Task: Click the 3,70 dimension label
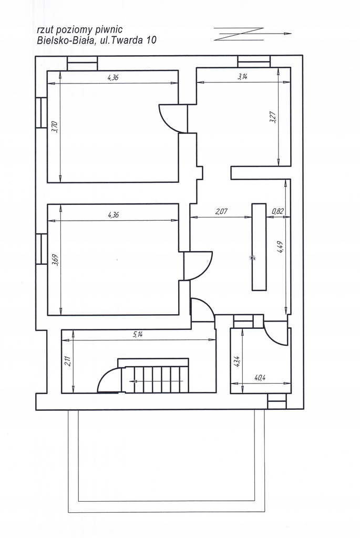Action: tap(56, 127)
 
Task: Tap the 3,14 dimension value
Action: tap(242, 77)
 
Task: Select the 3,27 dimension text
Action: tap(273, 118)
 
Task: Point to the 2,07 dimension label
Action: tap(221, 211)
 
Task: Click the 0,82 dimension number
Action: tap(277, 211)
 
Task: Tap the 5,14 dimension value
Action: tap(137, 335)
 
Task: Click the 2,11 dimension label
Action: tap(67, 361)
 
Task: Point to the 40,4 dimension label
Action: tap(260, 378)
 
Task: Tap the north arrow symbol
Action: tap(253, 34)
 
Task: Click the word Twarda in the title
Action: tap(127, 40)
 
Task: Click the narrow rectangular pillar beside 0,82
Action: tap(259, 247)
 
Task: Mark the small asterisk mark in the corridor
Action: tap(253, 257)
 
